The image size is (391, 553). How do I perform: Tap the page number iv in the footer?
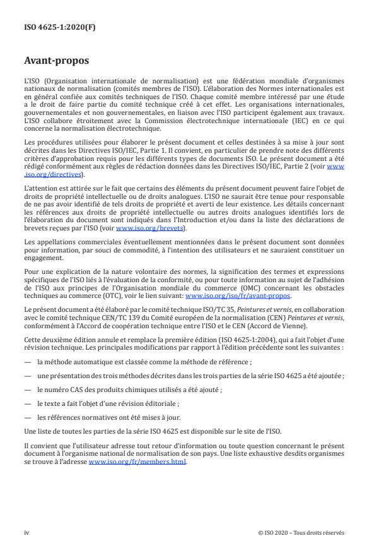click(26, 532)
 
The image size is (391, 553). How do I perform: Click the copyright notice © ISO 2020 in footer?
click(301, 532)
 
